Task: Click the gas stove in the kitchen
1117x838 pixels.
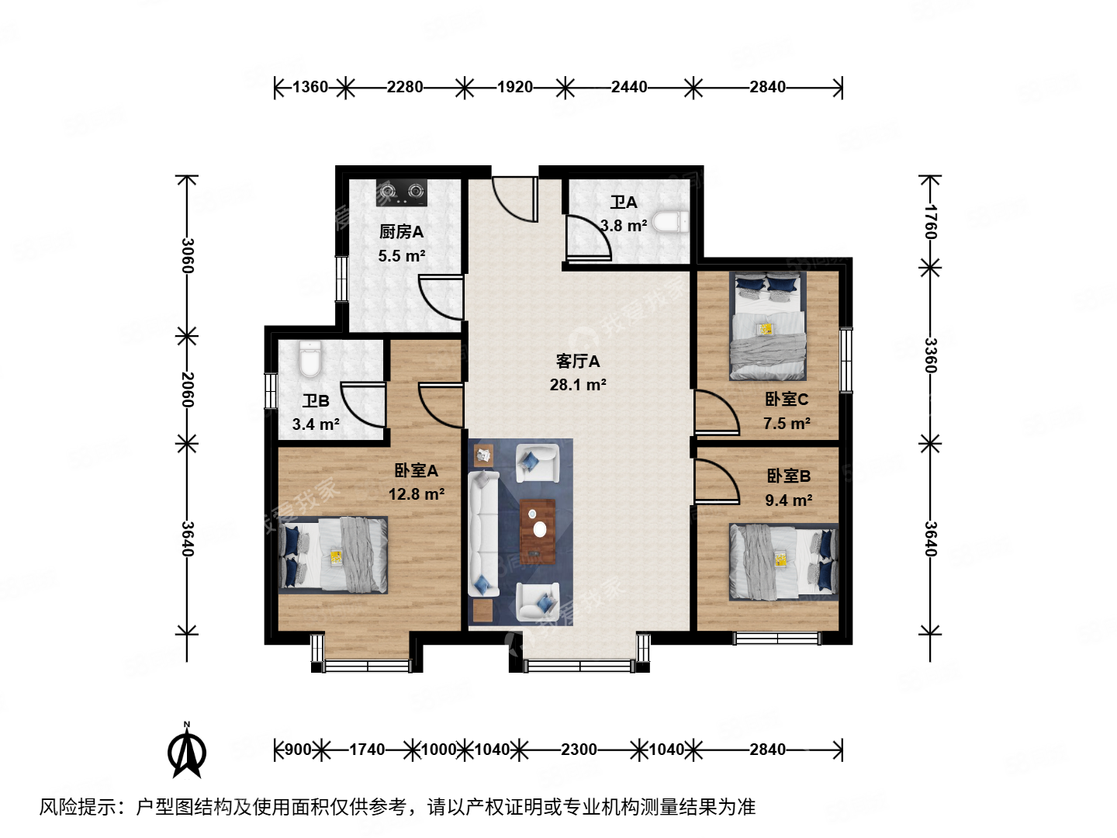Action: pos(402,192)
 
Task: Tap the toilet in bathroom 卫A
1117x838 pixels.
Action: pos(670,222)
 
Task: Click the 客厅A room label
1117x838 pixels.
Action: pos(577,361)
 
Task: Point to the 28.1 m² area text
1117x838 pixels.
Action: pos(577,385)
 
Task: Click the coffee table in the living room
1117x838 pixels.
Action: pos(538,530)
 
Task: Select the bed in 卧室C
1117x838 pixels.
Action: pos(767,326)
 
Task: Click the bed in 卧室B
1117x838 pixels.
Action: pos(783,562)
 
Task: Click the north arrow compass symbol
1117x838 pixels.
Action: pos(186,750)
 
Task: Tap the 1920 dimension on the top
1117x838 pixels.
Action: pos(515,87)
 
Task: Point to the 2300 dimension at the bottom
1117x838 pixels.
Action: pos(579,750)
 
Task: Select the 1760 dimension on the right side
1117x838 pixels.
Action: pos(931,223)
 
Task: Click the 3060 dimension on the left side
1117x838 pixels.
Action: pos(187,255)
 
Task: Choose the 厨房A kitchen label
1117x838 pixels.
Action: pos(401,231)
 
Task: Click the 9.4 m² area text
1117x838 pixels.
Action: pos(788,500)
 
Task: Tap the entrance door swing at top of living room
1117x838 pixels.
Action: pos(514,198)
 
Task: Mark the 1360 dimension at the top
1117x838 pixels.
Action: pos(310,87)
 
